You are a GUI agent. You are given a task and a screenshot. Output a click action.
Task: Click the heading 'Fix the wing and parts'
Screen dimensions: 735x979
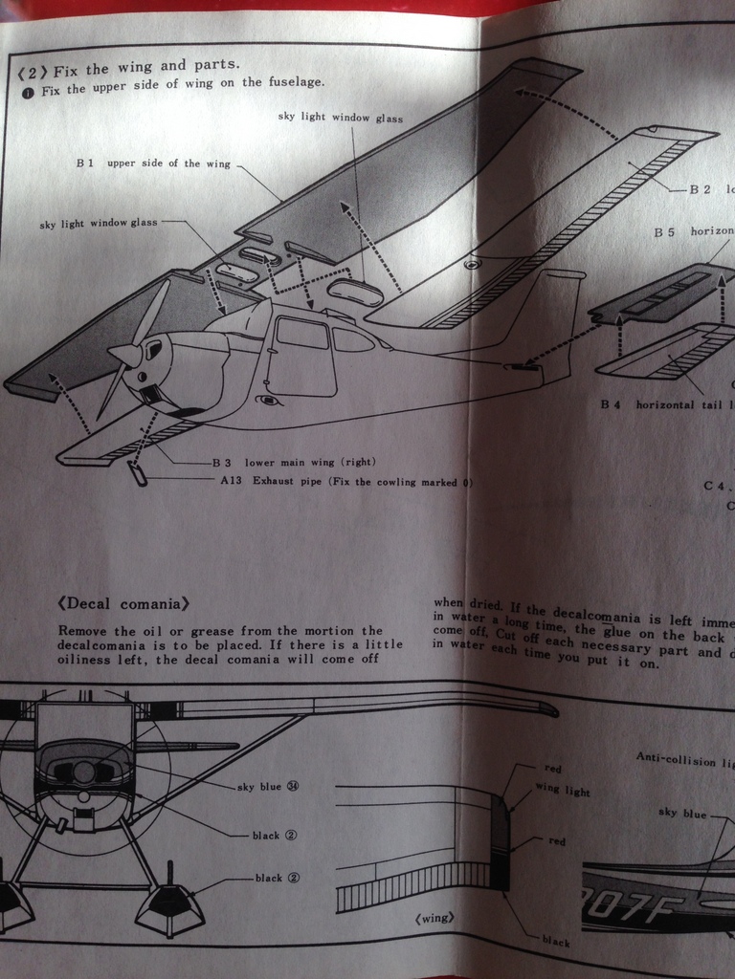coord(146,69)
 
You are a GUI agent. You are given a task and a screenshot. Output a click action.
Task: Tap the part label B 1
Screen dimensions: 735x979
coord(84,163)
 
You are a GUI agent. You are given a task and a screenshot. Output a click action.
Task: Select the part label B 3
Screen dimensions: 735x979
coord(223,463)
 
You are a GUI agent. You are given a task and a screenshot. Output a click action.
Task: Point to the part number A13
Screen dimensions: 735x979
coord(231,481)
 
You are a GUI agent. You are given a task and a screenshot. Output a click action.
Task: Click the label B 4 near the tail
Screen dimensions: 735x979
coord(611,405)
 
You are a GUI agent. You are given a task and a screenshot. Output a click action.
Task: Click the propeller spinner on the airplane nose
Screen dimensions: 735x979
coord(124,355)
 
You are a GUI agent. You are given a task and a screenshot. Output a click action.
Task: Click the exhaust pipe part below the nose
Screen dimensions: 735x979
coord(138,473)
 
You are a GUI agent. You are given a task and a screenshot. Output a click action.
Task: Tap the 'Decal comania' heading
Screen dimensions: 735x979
coord(122,604)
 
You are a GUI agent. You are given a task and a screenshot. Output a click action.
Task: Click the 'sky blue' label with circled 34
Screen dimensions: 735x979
coord(267,786)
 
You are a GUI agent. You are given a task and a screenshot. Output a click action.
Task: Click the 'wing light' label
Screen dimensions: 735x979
coord(562,792)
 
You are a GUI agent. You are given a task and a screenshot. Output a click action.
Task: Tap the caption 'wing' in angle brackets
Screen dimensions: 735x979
coord(434,919)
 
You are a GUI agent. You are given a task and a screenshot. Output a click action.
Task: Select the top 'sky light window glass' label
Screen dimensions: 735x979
coord(340,118)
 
